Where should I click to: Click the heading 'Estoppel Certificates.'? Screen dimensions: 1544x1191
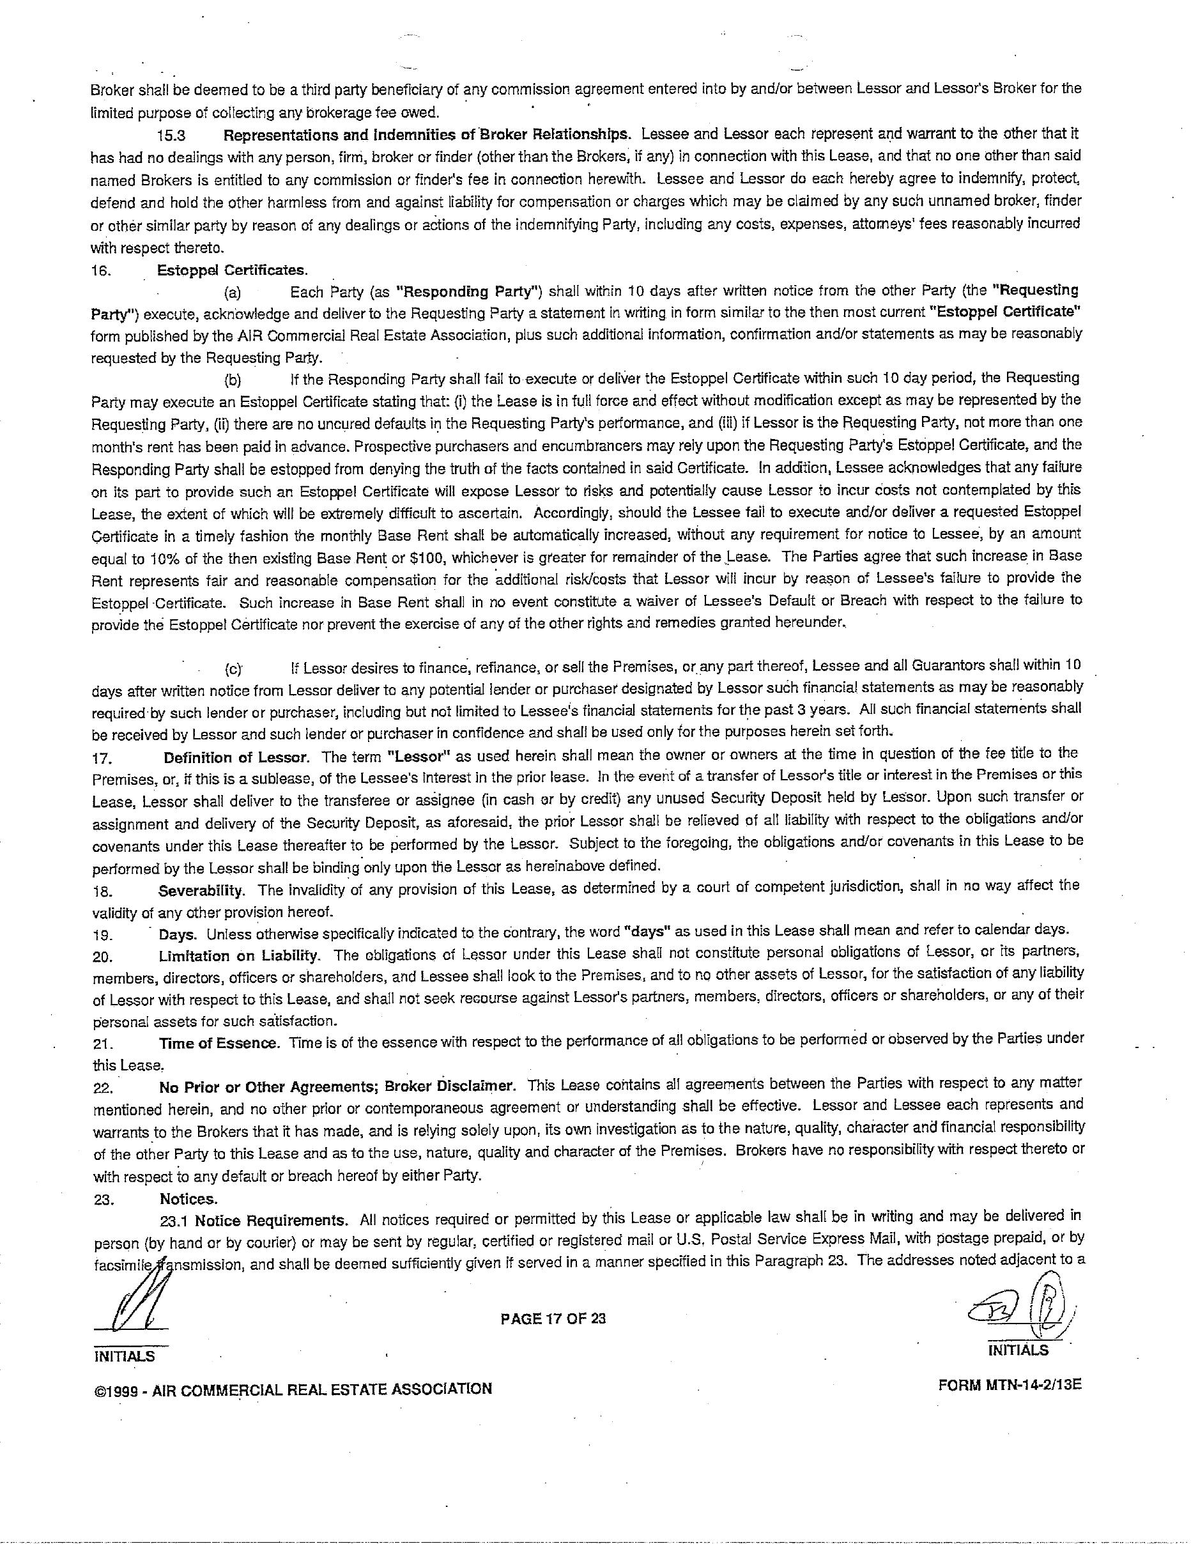pyautogui.click(x=233, y=270)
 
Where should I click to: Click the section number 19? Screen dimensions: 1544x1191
pyautogui.click(x=102, y=936)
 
